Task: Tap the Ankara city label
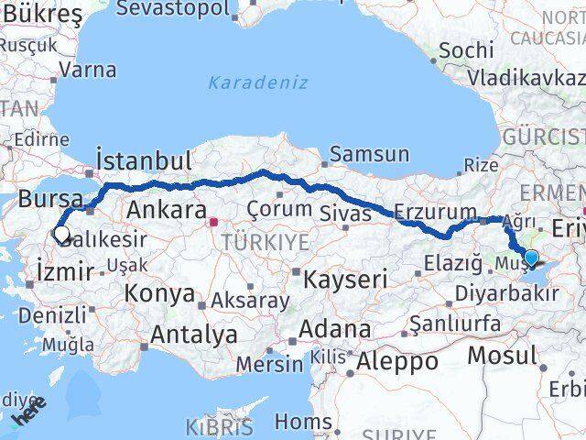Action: [166, 210]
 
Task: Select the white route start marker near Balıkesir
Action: [61, 235]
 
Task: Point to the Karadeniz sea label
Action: [245, 82]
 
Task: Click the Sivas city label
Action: [346, 214]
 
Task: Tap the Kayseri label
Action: [347, 278]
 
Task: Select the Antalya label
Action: [193, 335]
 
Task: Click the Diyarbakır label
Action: [513, 293]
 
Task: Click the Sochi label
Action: [465, 50]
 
